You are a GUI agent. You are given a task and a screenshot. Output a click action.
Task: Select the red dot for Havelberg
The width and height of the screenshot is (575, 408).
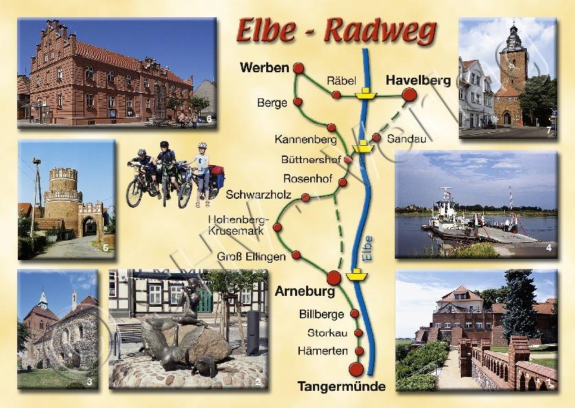tap(409, 94)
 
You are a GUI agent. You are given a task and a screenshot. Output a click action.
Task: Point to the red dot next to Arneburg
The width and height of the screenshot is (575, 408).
tap(334, 278)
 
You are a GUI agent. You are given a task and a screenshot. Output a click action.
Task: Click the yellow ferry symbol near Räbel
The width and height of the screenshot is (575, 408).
tap(365, 92)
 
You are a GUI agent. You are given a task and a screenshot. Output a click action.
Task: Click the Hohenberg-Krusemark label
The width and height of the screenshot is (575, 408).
tap(240, 225)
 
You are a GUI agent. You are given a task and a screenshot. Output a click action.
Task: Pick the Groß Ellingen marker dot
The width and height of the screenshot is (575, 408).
tap(296, 255)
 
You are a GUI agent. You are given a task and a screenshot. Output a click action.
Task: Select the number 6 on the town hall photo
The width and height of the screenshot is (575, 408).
tap(209, 121)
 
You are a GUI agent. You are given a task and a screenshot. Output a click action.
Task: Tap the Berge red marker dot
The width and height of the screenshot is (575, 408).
tap(298, 103)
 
